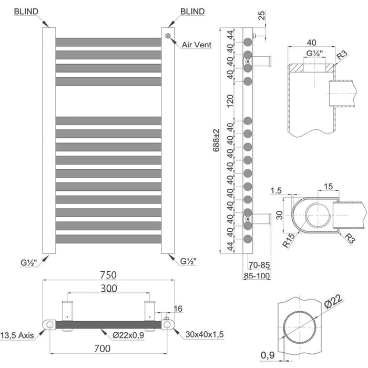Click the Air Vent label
click(x=197, y=45)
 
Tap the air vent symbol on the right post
click(x=168, y=36)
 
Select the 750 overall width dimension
click(x=108, y=275)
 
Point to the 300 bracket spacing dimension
click(x=109, y=288)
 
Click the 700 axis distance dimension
click(x=103, y=349)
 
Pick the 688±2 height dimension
click(x=217, y=140)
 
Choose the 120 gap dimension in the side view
click(x=230, y=101)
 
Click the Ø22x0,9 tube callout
click(x=128, y=335)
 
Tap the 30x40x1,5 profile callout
click(x=205, y=334)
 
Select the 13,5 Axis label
click(x=17, y=335)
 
